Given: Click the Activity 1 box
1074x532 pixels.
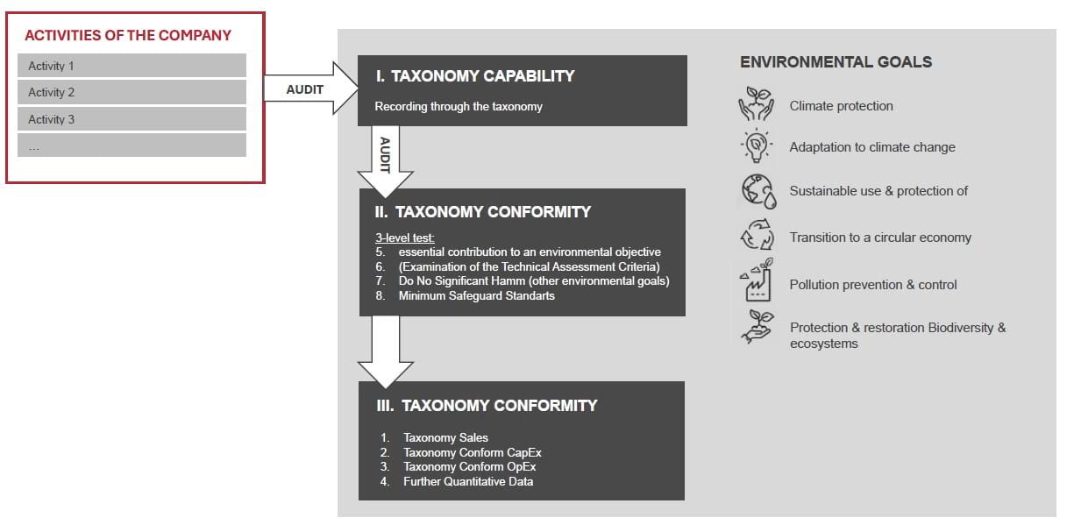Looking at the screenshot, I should tap(132, 66).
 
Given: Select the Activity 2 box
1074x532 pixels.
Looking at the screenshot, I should tap(132, 92).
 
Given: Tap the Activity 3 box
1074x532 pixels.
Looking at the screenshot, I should tap(132, 119).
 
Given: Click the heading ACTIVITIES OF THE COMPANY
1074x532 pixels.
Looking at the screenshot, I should tap(128, 36).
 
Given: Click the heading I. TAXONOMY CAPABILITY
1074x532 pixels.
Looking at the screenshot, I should tap(474, 76).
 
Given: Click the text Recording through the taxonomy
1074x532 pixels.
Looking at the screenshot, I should tap(459, 107).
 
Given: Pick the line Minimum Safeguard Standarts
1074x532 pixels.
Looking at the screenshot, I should tap(476, 296).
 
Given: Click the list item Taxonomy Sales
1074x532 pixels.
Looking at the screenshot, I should tap(445, 437).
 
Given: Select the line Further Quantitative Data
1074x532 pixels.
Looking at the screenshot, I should tap(467, 481).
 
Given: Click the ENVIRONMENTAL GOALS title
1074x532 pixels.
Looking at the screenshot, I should tap(836, 62).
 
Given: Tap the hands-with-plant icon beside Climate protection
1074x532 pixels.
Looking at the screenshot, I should tap(757, 104).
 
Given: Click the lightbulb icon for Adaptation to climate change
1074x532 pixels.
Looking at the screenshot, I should tap(757, 145).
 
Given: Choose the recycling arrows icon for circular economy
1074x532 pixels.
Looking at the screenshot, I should tap(757, 238).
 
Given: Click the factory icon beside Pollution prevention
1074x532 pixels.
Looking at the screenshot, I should tap(757, 282).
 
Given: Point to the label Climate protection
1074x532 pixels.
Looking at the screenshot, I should tap(841, 106).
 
